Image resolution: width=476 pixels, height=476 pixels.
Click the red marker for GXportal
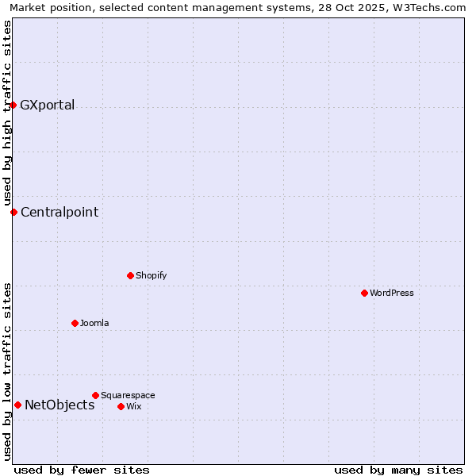[13, 105]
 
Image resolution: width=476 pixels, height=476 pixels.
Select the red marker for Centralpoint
[13, 212]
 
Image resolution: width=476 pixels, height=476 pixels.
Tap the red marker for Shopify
[130, 275]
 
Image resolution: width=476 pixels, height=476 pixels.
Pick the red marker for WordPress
[364, 293]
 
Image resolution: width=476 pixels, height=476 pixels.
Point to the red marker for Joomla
[75, 323]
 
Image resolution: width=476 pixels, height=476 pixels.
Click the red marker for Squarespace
[95, 395]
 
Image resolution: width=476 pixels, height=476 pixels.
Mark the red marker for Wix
[121, 406]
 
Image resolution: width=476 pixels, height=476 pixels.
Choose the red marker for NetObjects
[17, 405]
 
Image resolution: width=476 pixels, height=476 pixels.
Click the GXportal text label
[48, 106]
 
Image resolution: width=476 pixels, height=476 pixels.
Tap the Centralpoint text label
[59, 212]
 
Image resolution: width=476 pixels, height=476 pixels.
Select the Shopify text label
[151, 275]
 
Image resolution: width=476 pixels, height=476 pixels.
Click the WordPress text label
[392, 293]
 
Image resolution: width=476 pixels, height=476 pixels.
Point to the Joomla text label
[94, 323]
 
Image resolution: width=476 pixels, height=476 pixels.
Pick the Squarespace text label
[128, 395]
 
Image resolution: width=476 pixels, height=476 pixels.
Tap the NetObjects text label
[59, 405]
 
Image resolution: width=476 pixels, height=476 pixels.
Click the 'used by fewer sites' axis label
[82, 470]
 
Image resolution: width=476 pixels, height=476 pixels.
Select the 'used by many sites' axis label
[398, 470]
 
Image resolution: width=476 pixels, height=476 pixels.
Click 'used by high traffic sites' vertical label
[7, 113]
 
